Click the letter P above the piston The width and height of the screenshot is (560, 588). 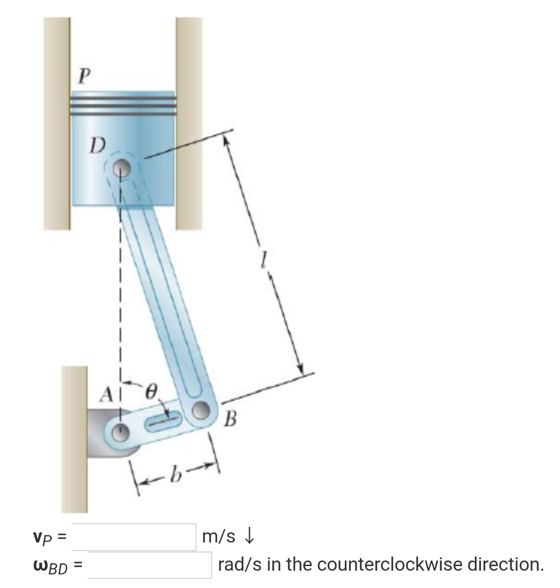(84, 76)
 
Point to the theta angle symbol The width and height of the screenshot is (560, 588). (151, 392)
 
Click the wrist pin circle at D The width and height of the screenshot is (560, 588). (121, 168)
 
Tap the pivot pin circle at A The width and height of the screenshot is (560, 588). (121, 430)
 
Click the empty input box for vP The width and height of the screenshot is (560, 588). (134, 536)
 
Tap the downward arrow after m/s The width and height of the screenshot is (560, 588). (249, 537)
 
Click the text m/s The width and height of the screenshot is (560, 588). (219, 537)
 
